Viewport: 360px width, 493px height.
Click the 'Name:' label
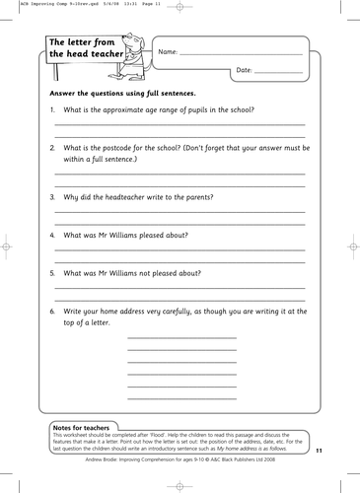pos(168,51)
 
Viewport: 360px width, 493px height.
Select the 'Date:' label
pos(245,71)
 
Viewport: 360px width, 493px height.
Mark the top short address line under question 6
pos(182,338)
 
